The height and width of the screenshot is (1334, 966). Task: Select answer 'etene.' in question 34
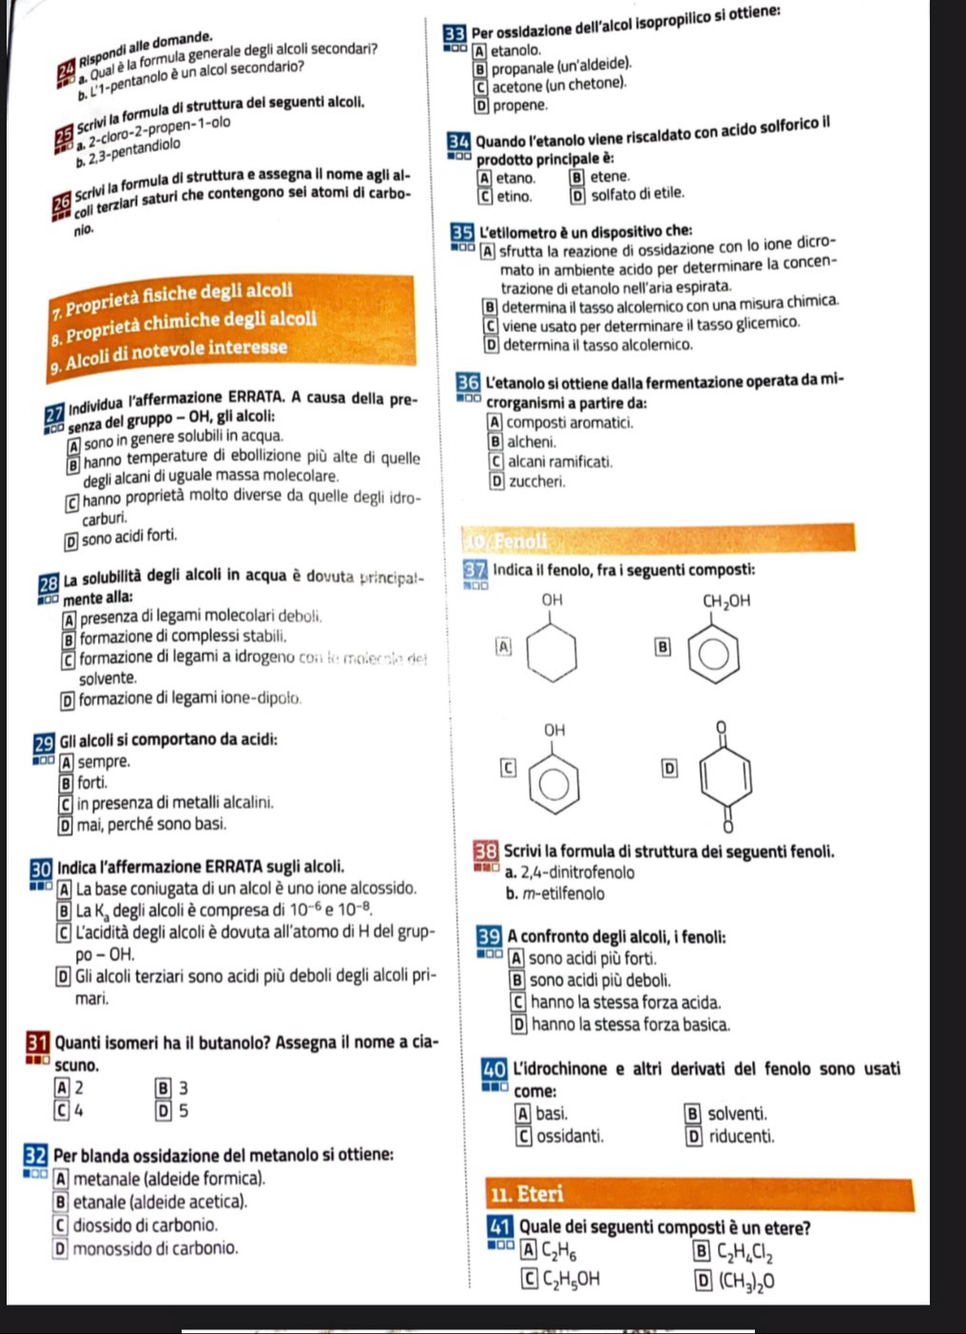click(x=609, y=177)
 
